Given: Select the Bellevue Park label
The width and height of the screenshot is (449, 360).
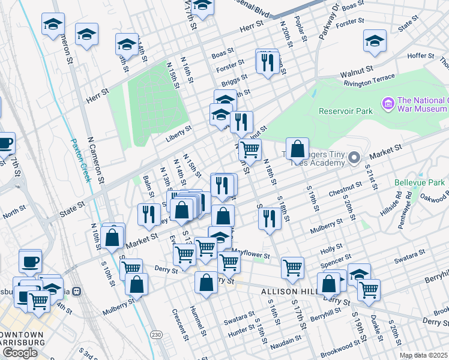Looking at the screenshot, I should pyautogui.click(x=420, y=182).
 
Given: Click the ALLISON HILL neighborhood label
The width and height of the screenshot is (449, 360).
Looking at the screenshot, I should pyautogui.click(x=288, y=291).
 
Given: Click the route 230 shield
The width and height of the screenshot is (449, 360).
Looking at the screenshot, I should pyautogui.click(x=156, y=334).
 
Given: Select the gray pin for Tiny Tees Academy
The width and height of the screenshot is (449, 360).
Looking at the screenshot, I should pyautogui.click(x=354, y=158).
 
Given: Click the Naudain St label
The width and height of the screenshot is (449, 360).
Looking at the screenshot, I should pyautogui.click(x=286, y=340).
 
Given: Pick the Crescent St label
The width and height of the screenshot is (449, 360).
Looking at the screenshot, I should pyautogui.click(x=177, y=323).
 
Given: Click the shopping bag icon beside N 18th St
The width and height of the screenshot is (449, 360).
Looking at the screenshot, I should pyautogui.click(x=297, y=148).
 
